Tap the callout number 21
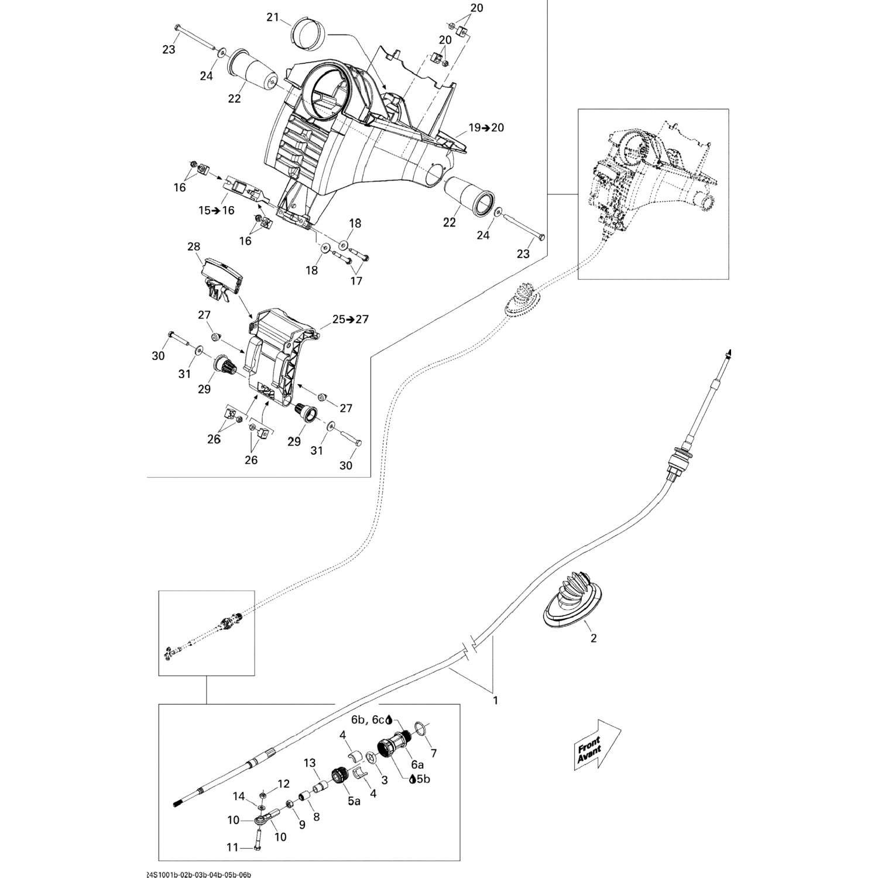(273, 18)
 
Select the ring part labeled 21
(308, 35)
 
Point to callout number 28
(194, 247)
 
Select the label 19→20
(486, 128)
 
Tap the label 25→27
(351, 320)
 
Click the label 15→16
(216, 210)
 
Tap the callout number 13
(310, 763)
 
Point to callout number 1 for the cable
(496, 700)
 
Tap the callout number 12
(283, 784)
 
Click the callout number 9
(302, 825)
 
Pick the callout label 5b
(423, 779)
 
